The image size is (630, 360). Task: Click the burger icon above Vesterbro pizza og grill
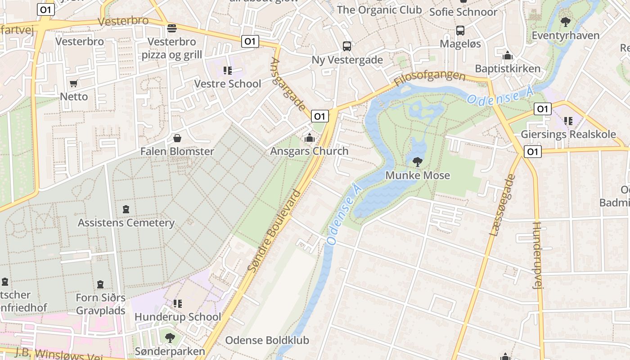click(x=171, y=29)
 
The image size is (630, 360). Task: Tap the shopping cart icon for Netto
click(x=74, y=84)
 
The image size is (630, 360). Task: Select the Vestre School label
click(x=227, y=84)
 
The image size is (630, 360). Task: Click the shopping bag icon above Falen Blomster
click(x=177, y=138)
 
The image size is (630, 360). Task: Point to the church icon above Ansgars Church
click(x=309, y=138)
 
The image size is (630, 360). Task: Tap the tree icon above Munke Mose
click(x=418, y=162)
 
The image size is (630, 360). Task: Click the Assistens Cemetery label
click(x=126, y=223)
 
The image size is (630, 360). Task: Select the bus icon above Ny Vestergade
click(x=347, y=46)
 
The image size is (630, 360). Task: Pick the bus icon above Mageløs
click(x=460, y=31)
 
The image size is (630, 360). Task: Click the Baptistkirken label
click(x=508, y=69)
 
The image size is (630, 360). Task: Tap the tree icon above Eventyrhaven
click(x=565, y=22)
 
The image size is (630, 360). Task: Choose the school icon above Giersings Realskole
click(x=568, y=121)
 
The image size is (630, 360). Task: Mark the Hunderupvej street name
click(x=538, y=254)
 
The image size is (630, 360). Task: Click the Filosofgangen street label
click(x=429, y=78)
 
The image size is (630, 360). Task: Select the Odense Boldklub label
click(x=267, y=340)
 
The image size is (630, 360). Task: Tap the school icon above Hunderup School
click(x=178, y=304)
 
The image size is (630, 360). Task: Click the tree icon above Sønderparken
click(x=170, y=337)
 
